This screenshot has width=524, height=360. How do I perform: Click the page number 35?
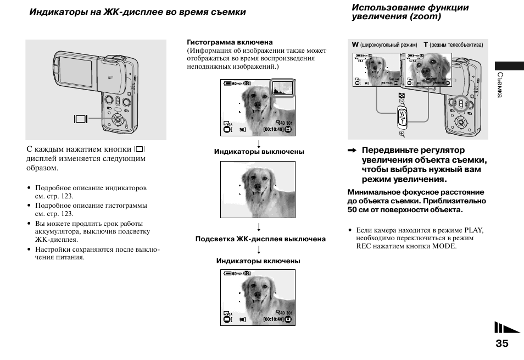pos(501,344)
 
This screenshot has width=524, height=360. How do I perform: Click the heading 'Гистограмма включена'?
pos(230,42)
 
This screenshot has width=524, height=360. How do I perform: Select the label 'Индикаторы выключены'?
pos(259,152)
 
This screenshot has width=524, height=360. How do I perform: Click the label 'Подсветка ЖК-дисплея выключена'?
pos(260,239)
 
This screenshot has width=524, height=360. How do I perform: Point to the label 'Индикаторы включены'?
pos(258,261)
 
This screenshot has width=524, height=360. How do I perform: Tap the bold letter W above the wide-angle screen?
pos(355,45)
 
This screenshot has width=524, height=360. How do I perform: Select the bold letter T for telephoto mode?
pos(425,45)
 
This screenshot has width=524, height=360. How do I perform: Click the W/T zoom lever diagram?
pos(402,117)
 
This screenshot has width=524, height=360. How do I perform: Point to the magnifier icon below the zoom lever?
pos(402,134)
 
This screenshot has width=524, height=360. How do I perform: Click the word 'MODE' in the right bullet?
pos(444,246)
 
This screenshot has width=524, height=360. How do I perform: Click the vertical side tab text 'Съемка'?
pos(500,85)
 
